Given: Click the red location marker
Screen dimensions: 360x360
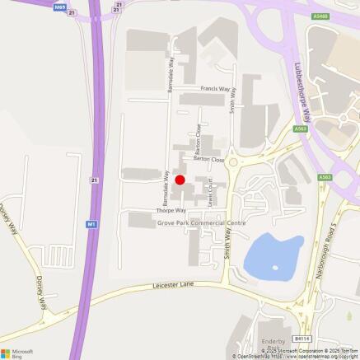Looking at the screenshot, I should [180, 180].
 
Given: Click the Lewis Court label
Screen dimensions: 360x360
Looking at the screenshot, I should [213, 192].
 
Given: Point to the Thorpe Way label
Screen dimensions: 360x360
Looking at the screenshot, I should [171, 210].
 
